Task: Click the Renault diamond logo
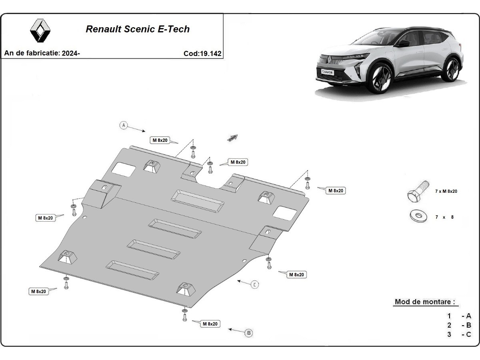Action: click(x=40, y=31)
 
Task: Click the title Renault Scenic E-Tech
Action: click(x=138, y=29)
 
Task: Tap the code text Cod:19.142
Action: click(x=202, y=53)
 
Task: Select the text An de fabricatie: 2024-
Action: click(x=42, y=53)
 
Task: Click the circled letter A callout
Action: click(x=124, y=125)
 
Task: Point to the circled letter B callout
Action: click(x=248, y=333)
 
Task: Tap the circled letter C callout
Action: click(x=255, y=284)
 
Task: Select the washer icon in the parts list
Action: click(x=418, y=216)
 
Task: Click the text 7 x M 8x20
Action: click(x=446, y=191)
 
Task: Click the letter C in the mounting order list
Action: click(x=468, y=334)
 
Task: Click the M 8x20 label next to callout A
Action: click(x=160, y=140)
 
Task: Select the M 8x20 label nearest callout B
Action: click(x=210, y=324)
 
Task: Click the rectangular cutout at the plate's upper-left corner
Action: click(x=123, y=169)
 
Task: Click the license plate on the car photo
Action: click(x=327, y=72)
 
